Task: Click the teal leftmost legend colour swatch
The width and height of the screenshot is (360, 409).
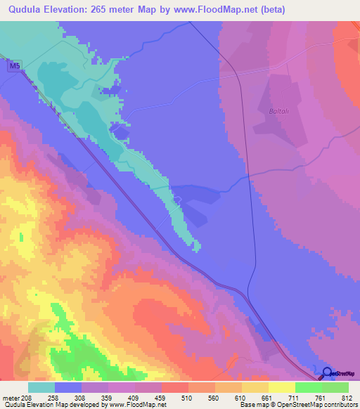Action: coord(41,387)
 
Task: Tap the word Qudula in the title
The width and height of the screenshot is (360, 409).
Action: coord(22,9)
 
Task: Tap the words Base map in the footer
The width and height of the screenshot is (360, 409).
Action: coord(252,405)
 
